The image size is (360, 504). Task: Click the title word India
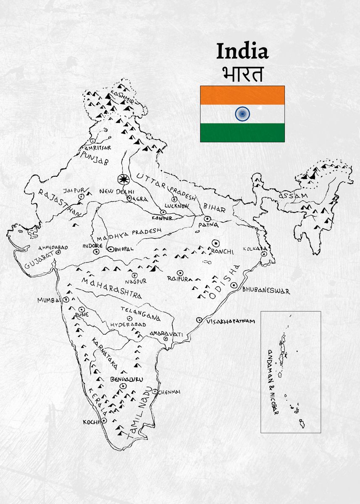pos(242,52)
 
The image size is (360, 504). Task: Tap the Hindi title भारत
pos(242,74)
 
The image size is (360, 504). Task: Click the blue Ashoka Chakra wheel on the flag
pos(242,113)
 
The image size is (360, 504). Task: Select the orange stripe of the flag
pos(242,95)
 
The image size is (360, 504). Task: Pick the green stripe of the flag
pos(242,132)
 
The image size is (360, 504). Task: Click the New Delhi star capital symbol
pos(123,180)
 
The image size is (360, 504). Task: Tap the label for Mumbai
pos(49,300)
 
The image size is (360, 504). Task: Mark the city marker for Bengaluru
pos(123,386)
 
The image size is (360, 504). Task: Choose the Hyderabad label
pos(128,325)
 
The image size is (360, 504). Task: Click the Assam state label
pos(293,196)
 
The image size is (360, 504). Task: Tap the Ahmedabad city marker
pos(58,253)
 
